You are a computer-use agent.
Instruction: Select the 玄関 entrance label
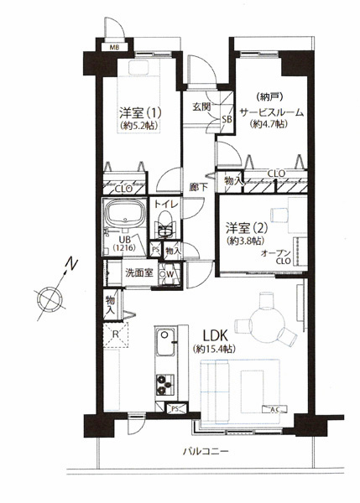201,106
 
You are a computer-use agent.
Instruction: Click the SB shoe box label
226,120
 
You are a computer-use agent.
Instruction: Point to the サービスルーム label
271,111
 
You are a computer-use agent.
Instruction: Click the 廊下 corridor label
199,189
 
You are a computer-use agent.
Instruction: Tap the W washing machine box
170,273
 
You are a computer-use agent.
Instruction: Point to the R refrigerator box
117,334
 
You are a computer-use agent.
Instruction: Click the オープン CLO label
276,258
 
